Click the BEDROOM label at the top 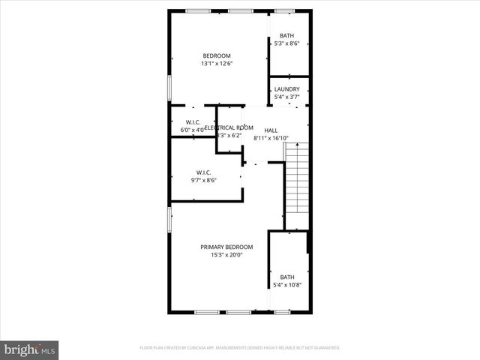pos(217,55)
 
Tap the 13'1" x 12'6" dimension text pos(217,64)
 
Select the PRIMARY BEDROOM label pos(226,247)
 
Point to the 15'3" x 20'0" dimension pos(226,255)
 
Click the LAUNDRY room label pos(286,89)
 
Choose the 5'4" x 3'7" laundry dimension pos(286,97)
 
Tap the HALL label pos(271,130)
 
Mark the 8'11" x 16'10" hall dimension pos(271,138)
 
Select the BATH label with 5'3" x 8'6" pos(286,36)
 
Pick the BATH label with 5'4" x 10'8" pos(287,277)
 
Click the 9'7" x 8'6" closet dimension pos(204,180)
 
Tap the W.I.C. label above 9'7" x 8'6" pos(204,172)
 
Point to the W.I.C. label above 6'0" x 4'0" pos(193,122)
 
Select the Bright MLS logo pos(30,349)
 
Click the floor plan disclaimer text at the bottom pos(240,348)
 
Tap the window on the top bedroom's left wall pos(170,87)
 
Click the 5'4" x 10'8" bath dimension pos(287,285)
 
